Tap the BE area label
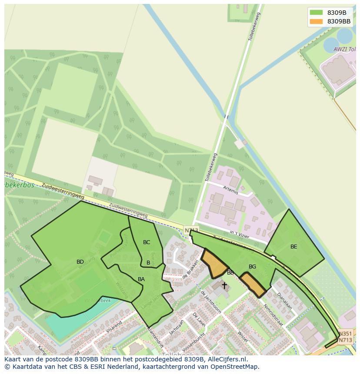294,247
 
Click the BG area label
252,267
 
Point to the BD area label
80,262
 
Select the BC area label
147,242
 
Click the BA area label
141,279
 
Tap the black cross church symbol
224,285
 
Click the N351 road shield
345,333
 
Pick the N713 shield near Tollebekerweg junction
191,230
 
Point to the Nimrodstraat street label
273,314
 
